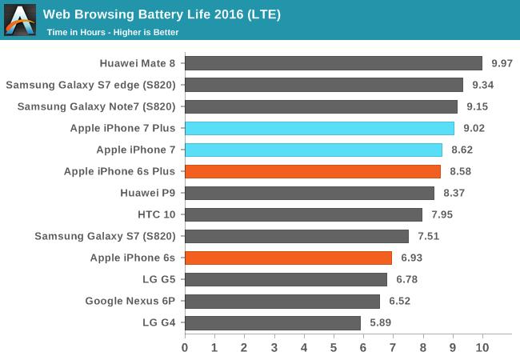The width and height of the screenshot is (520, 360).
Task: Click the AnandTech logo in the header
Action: pos(20,20)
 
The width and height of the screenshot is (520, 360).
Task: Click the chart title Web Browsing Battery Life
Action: pos(162,14)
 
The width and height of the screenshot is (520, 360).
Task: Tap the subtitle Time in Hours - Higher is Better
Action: pos(112,33)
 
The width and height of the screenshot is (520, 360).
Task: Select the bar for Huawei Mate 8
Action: pos(334,63)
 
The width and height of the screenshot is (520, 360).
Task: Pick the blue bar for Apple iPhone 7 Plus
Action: pos(319,128)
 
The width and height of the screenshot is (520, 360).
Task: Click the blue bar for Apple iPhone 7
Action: pos(314,150)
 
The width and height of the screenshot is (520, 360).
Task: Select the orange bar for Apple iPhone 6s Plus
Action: pos(313,171)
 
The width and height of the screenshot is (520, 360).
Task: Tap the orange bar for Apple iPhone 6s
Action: pos(288,258)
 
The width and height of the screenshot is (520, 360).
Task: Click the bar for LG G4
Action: pos(273,322)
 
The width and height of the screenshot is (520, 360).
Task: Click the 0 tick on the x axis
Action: pos(185,348)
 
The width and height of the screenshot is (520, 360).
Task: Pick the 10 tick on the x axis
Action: pos(482,348)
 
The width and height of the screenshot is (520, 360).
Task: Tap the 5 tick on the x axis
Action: pos(334,348)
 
